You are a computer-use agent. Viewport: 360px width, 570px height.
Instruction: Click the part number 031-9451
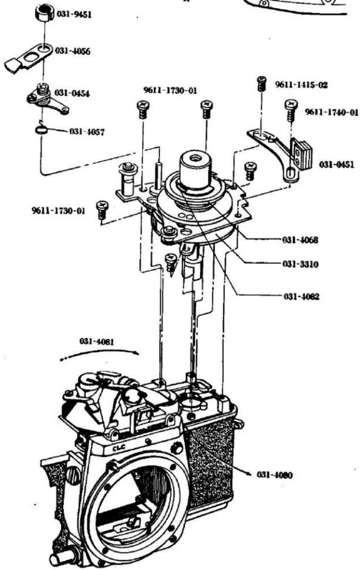(x=74, y=14)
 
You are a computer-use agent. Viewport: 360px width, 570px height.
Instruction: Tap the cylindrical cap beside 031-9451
(x=45, y=13)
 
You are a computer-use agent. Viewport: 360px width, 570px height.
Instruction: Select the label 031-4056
(x=73, y=51)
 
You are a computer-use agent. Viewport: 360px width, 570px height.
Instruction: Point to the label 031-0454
(x=72, y=93)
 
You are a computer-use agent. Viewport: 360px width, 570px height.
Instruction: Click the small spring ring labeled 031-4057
(x=42, y=130)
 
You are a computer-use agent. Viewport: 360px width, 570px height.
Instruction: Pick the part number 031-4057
(x=87, y=132)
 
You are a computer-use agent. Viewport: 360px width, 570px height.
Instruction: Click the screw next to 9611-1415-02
(x=262, y=84)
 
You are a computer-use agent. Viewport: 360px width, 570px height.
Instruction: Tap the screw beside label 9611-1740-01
(x=291, y=110)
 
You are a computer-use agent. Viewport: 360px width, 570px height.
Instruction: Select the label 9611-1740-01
(x=332, y=112)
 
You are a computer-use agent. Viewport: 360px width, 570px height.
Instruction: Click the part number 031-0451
(x=336, y=165)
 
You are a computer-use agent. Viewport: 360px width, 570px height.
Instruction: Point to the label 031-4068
(x=300, y=240)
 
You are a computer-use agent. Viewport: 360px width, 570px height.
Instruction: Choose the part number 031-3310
(x=300, y=264)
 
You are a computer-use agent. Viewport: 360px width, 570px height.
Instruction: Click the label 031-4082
(x=301, y=297)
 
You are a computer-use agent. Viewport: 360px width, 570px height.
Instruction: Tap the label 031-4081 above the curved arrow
(x=97, y=341)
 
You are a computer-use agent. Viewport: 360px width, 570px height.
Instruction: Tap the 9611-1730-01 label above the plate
(x=170, y=90)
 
